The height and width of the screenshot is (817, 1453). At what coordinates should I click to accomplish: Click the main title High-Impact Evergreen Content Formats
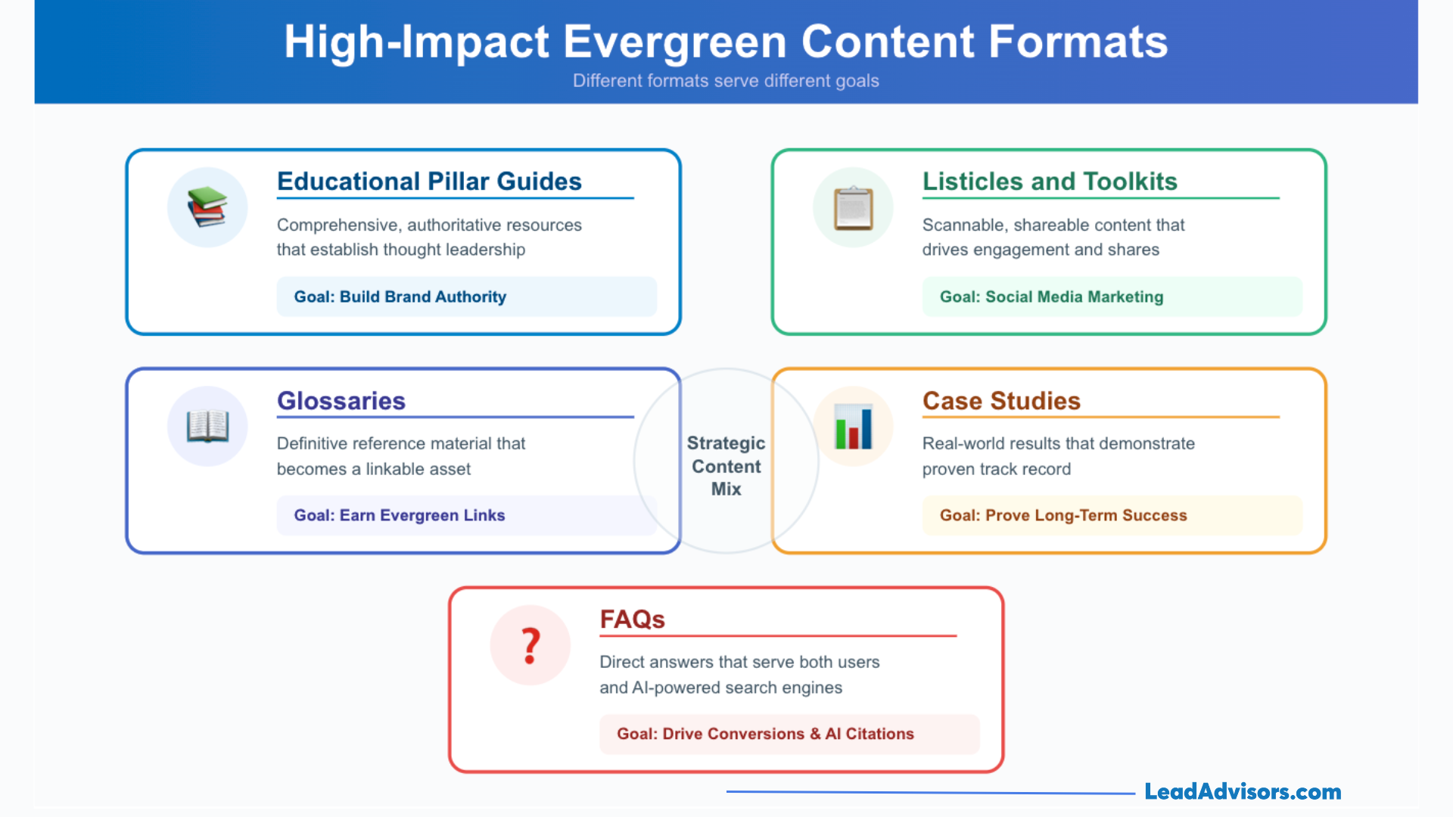pyautogui.click(x=726, y=42)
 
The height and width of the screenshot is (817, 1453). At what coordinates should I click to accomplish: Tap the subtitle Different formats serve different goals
pyautogui.click(x=726, y=81)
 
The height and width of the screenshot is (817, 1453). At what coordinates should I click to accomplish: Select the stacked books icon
pyautogui.click(x=207, y=207)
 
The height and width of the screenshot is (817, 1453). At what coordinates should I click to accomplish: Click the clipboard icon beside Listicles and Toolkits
pyautogui.click(x=853, y=207)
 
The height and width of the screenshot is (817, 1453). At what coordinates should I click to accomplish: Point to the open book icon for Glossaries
pyautogui.click(x=207, y=426)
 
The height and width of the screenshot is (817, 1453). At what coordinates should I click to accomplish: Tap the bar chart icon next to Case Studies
pyautogui.click(x=853, y=426)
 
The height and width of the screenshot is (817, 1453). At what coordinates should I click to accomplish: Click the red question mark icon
pyautogui.click(x=530, y=645)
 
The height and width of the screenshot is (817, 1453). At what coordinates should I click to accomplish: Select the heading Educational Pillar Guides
pyautogui.click(x=429, y=182)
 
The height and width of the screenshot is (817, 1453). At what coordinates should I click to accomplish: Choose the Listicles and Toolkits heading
pyautogui.click(x=1050, y=182)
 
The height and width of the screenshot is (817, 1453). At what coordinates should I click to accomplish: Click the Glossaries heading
pyautogui.click(x=341, y=401)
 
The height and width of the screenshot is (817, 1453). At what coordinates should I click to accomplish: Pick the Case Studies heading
pyautogui.click(x=1001, y=401)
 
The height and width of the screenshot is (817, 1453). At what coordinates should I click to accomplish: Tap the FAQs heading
pyautogui.click(x=632, y=620)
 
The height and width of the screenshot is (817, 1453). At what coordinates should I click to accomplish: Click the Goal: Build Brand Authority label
pyautogui.click(x=400, y=297)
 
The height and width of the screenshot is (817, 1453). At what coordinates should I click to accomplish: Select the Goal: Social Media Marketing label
pyautogui.click(x=1051, y=297)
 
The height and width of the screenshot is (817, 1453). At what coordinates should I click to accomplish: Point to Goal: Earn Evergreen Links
pyautogui.click(x=399, y=515)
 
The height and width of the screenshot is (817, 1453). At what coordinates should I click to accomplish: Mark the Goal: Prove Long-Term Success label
pyautogui.click(x=1063, y=515)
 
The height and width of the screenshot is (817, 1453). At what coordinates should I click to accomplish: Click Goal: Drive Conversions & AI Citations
pyautogui.click(x=765, y=734)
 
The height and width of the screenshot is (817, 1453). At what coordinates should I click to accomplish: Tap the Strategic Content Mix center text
pyautogui.click(x=726, y=466)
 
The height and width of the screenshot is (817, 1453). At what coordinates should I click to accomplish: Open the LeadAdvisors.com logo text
pyautogui.click(x=1243, y=792)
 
